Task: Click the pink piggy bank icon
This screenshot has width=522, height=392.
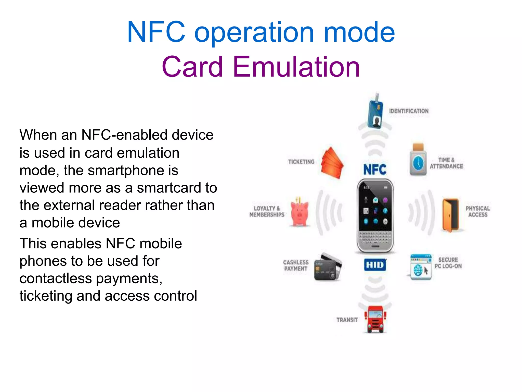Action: tap(300, 213)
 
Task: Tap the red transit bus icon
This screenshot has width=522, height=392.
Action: tap(375, 319)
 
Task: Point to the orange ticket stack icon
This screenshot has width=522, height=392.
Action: tap(332, 163)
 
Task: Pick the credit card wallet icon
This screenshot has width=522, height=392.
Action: tap(328, 267)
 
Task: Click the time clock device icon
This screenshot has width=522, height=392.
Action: tap(418, 160)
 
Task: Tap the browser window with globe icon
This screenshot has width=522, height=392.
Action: tap(421, 267)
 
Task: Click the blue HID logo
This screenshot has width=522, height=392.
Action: tap(375, 265)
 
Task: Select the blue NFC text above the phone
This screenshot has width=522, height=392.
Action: tap(375, 170)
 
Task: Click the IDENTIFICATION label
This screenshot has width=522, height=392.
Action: tap(409, 111)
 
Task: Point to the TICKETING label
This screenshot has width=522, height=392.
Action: tap(301, 162)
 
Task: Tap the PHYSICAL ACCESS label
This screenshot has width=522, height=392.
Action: tap(478, 212)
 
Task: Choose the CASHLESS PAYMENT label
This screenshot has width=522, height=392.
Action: tap(296, 265)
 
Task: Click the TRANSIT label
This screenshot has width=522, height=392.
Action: tap(347, 320)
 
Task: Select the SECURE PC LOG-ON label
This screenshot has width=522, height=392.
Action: tap(448, 263)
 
